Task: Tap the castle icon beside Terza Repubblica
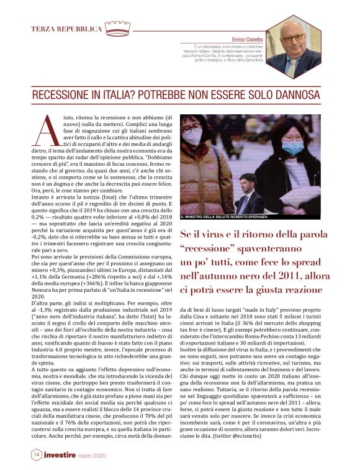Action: [117, 29]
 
